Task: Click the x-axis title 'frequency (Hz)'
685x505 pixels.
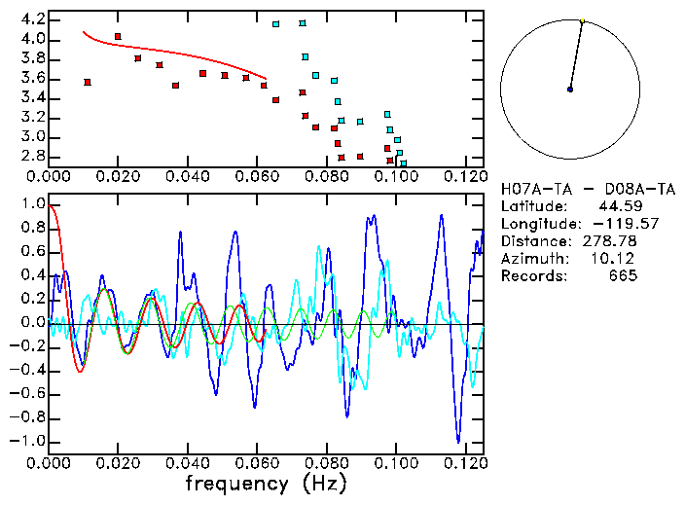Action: point(265,483)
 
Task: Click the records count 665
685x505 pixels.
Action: point(623,276)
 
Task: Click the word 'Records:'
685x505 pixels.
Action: point(533,276)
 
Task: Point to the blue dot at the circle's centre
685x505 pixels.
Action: point(570,90)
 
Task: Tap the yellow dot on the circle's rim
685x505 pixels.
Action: point(582,20)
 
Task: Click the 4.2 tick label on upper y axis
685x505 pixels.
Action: point(32,19)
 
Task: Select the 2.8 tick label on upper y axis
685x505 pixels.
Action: point(32,156)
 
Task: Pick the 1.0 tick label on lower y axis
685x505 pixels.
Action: point(32,204)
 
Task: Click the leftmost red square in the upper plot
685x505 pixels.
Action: point(88,83)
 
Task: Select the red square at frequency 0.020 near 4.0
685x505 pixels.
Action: point(118,37)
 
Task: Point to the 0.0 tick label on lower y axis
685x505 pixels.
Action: point(32,323)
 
